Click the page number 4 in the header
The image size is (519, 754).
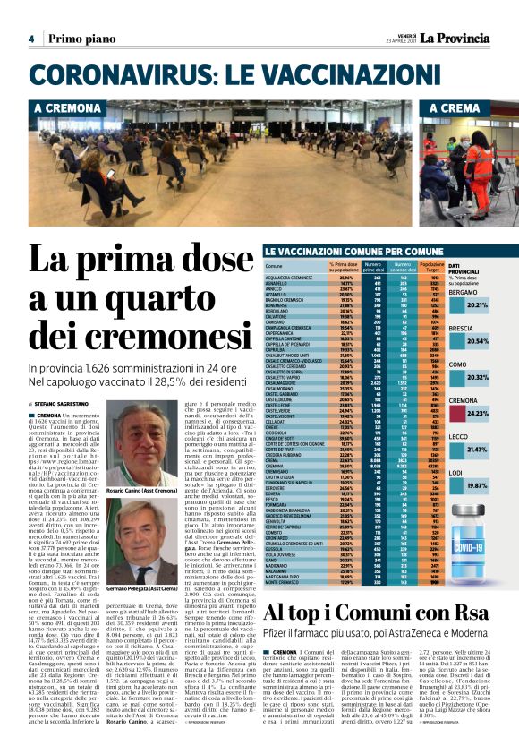click(x=30, y=39)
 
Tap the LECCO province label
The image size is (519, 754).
click(x=459, y=436)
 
